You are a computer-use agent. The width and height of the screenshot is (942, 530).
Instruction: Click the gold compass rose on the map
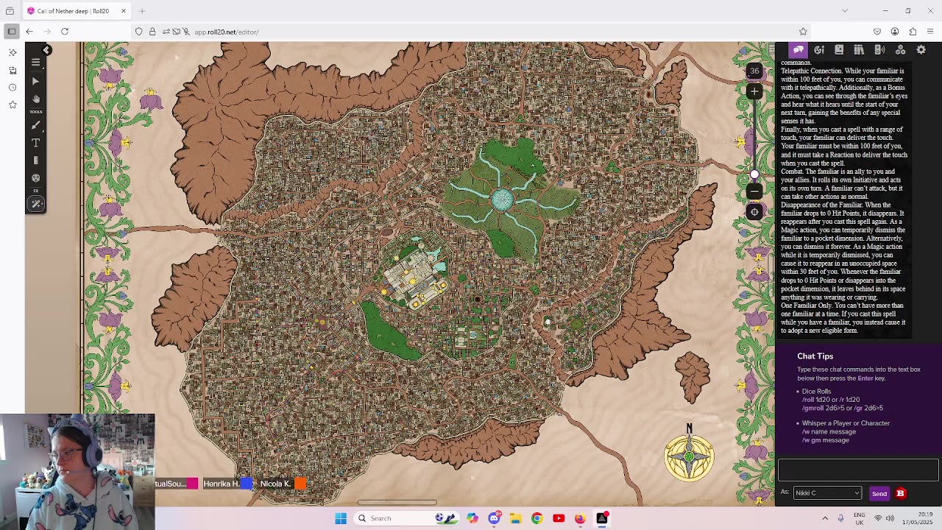pyautogui.click(x=689, y=457)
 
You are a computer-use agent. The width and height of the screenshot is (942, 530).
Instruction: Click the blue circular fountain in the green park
pyautogui.click(x=502, y=199)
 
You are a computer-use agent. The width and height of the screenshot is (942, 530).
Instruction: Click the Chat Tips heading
pyautogui.click(x=815, y=356)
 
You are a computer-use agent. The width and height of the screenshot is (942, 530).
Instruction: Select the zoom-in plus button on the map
pyautogui.click(x=754, y=91)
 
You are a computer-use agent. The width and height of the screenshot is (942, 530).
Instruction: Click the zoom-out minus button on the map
pyautogui.click(x=754, y=191)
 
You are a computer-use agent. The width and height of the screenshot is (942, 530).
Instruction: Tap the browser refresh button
pyautogui.click(x=65, y=32)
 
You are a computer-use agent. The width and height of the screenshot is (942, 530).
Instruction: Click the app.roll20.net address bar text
pyautogui.click(x=226, y=32)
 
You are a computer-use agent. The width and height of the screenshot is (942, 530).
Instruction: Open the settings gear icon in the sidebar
pyautogui.click(x=921, y=50)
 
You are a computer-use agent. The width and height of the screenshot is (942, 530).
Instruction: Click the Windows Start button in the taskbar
pyautogui.click(x=341, y=518)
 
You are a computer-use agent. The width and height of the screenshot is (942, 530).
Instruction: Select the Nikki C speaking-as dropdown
pyautogui.click(x=826, y=493)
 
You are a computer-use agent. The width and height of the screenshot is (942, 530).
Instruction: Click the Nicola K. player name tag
pyautogui.click(x=275, y=484)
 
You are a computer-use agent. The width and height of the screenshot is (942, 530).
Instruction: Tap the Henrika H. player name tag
pyautogui.click(x=221, y=484)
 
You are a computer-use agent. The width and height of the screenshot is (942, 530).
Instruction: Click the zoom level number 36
pyautogui.click(x=754, y=71)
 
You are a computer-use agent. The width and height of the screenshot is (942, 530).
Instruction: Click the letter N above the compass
pyautogui.click(x=689, y=428)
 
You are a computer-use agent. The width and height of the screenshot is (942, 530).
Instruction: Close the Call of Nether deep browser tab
pyautogui.click(x=124, y=11)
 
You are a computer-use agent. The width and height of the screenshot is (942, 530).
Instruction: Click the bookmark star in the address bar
pyautogui.click(x=803, y=32)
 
